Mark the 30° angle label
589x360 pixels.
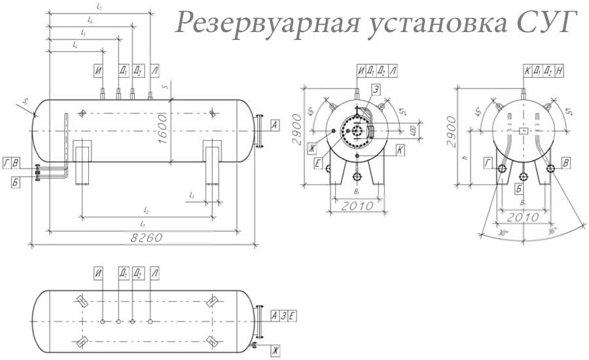(503, 232)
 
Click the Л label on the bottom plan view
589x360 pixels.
(154, 272)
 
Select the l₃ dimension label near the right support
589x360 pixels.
(190, 194)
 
